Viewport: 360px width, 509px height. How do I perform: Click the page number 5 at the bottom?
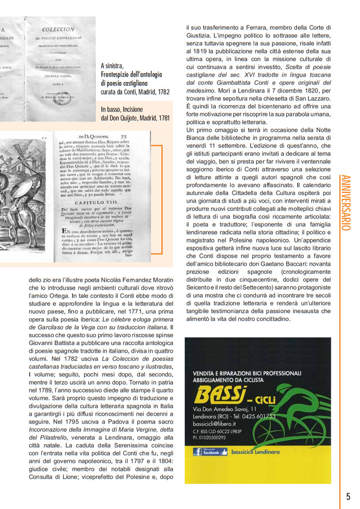pyautogui.click(x=348, y=496)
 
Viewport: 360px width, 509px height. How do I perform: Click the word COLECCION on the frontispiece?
pyautogui.click(x=58, y=30)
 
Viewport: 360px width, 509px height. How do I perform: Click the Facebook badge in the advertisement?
pyautogui.click(x=206, y=451)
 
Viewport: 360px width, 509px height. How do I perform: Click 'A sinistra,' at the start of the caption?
pyautogui.click(x=112, y=66)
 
